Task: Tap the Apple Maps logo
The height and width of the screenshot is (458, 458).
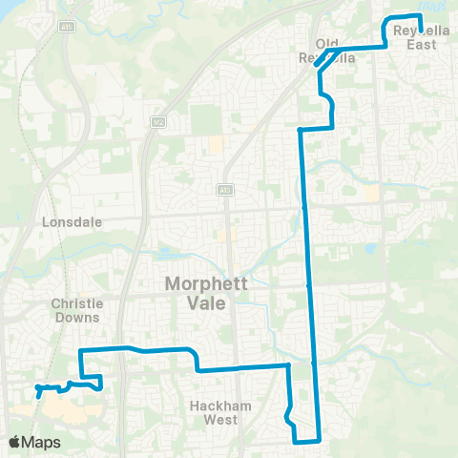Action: [x=35, y=442]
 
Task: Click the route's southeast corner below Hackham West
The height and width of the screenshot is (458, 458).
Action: [x=319, y=441]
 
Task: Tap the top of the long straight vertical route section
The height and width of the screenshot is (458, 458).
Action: [x=301, y=130]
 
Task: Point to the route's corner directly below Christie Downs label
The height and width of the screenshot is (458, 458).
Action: [x=81, y=352]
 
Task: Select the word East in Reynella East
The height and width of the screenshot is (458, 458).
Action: [x=421, y=45]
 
